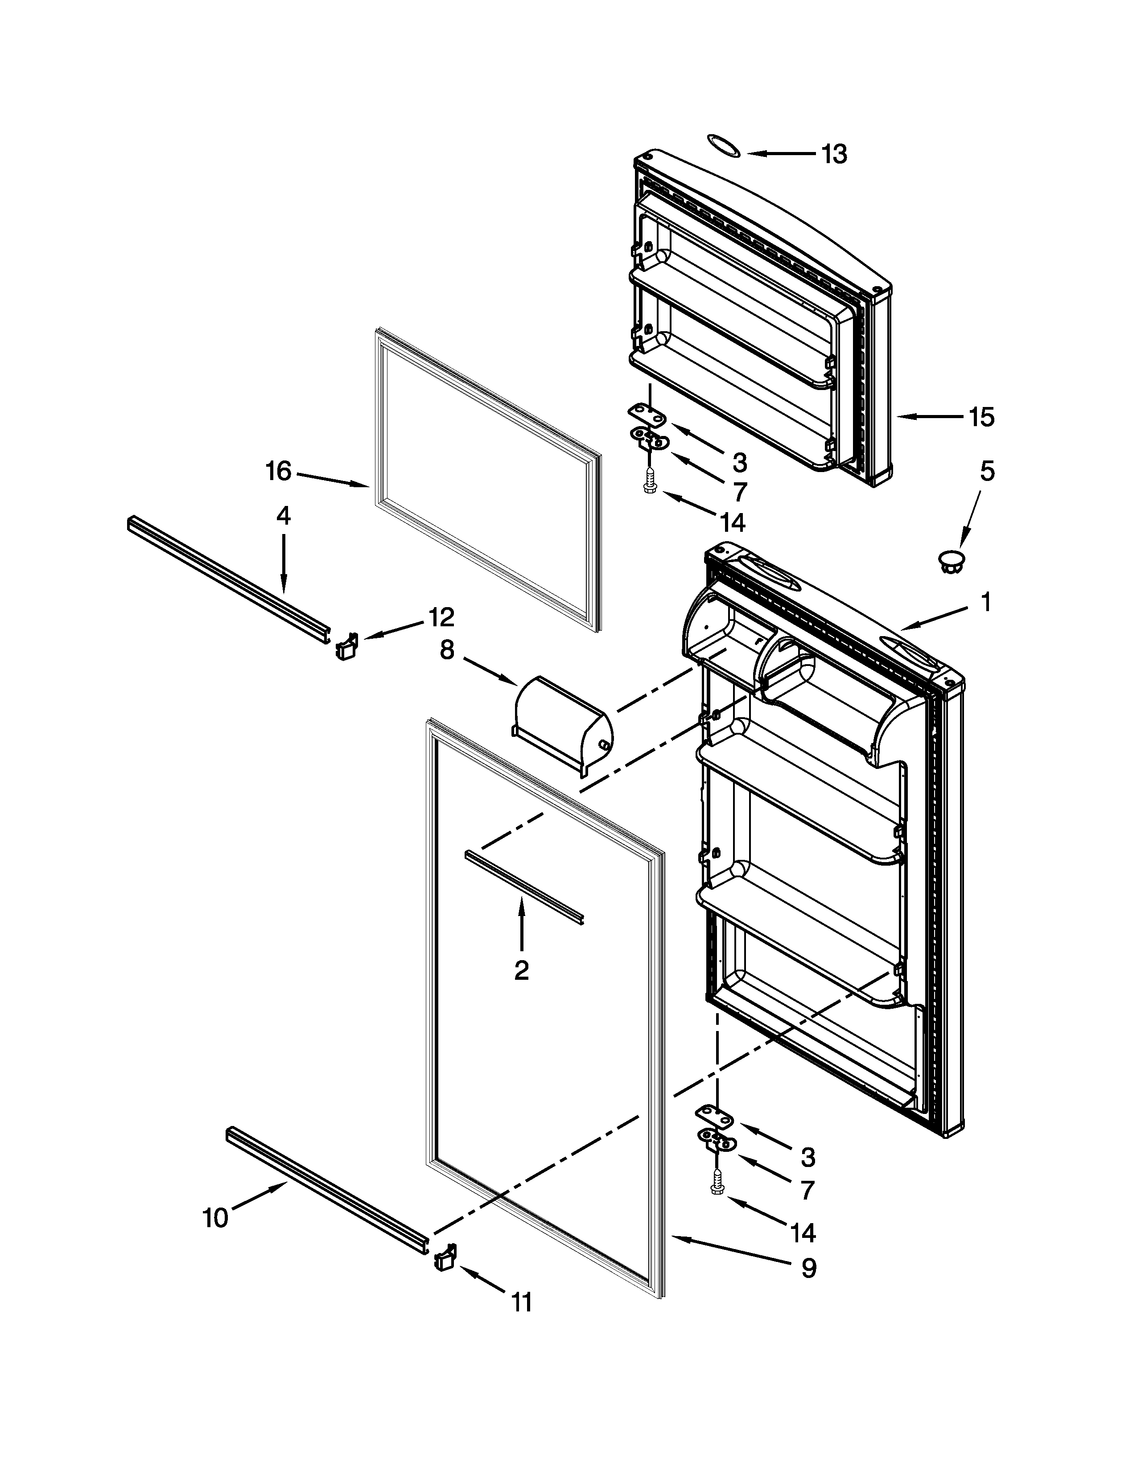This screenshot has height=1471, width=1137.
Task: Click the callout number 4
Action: (284, 515)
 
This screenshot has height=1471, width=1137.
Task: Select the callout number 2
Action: (521, 970)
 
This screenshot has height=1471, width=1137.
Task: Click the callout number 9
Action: (808, 1268)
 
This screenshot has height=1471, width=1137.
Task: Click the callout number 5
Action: (986, 472)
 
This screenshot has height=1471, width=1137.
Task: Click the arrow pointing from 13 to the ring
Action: (781, 154)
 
